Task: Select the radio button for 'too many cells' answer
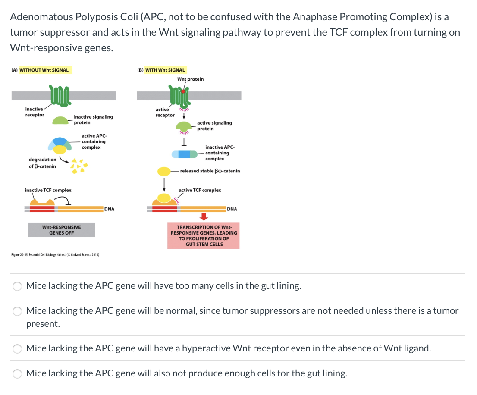click(18, 286)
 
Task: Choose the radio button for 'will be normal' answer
click(18, 311)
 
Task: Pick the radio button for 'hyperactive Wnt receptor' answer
click(18, 348)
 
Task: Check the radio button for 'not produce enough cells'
click(18, 373)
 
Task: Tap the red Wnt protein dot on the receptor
click(183, 91)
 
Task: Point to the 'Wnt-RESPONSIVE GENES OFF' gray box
click(61, 230)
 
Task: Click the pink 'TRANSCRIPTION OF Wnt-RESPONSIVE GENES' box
click(204, 235)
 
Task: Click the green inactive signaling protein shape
click(62, 121)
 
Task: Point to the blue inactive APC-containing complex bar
click(185, 154)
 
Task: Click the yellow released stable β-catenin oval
click(164, 171)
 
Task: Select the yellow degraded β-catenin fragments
click(79, 166)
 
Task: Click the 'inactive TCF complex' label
click(48, 190)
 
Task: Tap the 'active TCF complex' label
click(200, 190)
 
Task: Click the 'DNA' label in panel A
click(110, 209)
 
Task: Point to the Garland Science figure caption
click(55, 255)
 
